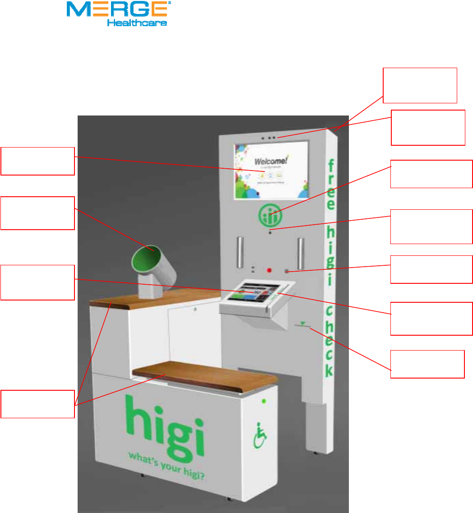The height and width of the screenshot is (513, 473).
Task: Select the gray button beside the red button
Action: click(287, 271)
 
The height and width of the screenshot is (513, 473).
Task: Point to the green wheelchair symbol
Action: click(260, 435)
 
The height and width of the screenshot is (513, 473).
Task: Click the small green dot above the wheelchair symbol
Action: click(264, 401)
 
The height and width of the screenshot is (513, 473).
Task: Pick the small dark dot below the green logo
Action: click(270, 232)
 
